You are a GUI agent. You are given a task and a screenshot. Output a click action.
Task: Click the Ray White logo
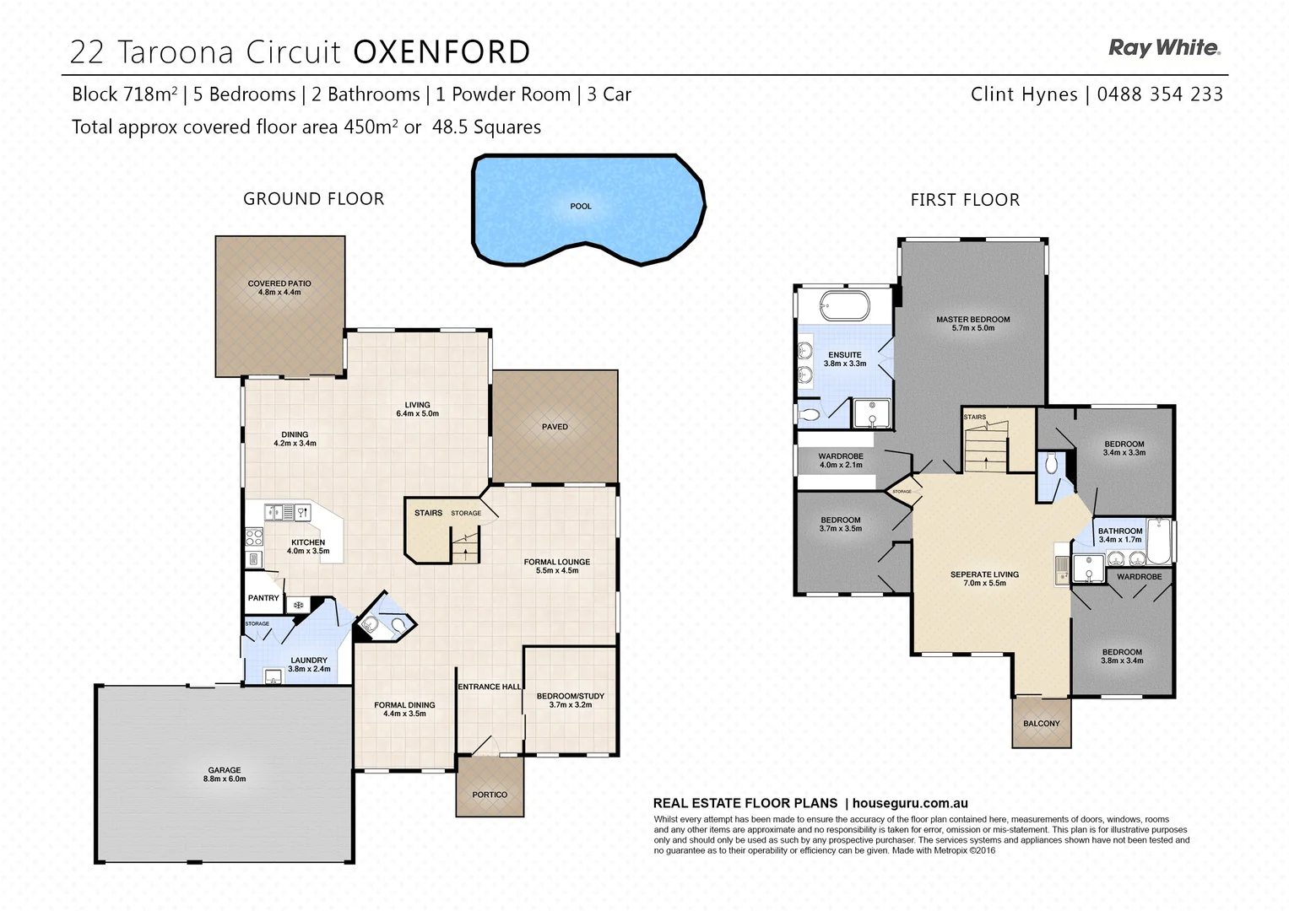[x=1163, y=48]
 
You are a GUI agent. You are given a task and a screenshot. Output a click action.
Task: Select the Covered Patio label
[x=279, y=284]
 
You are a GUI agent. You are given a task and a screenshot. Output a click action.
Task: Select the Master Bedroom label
[x=972, y=320]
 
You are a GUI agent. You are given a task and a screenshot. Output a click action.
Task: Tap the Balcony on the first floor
[x=1041, y=723]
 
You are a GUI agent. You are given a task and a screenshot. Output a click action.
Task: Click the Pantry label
[x=263, y=598]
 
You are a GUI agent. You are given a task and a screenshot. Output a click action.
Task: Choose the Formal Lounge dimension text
[x=557, y=571]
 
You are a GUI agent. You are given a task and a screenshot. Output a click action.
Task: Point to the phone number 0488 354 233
[x=1159, y=94]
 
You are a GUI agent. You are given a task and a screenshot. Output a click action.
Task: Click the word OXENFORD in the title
[x=441, y=52]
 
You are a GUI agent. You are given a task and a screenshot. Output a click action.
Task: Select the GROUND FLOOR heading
[x=313, y=199]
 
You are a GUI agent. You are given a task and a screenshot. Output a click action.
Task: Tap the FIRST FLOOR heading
[x=965, y=200]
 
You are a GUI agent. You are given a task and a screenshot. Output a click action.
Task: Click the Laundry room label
[x=308, y=660]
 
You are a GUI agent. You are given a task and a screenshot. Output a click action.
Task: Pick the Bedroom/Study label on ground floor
[x=571, y=696]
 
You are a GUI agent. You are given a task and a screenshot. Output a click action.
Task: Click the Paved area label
[x=555, y=427]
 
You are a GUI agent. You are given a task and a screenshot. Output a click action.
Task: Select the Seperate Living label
[x=984, y=574]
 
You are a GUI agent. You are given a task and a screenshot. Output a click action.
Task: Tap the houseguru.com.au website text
[x=910, y=804]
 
